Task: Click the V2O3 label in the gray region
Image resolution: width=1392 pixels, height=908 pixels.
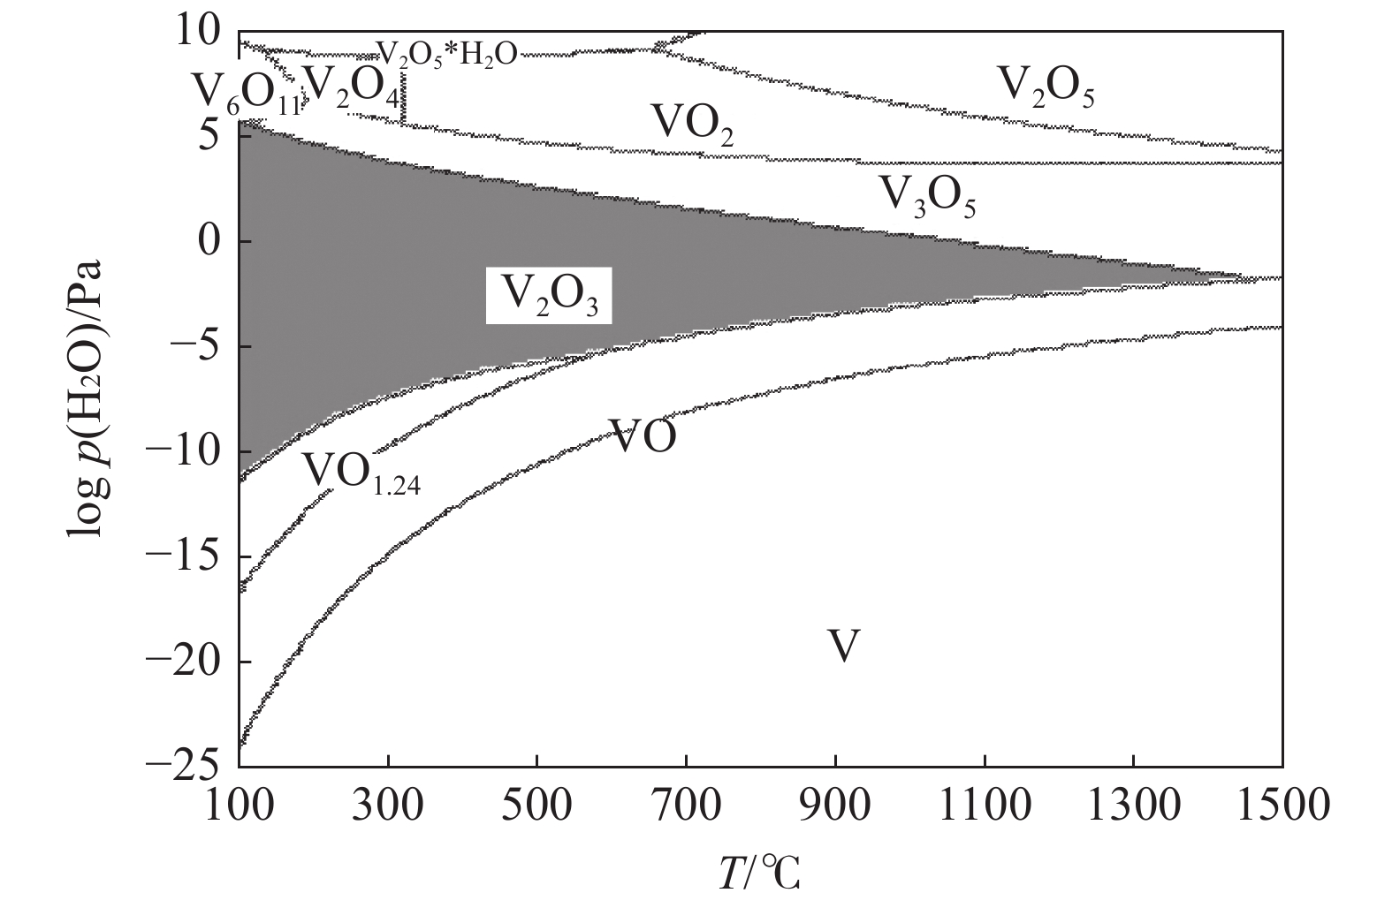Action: click(549, 295)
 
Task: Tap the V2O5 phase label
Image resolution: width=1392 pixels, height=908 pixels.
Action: click(1046, 87)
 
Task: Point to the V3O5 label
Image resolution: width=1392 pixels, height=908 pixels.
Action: click(926, 196)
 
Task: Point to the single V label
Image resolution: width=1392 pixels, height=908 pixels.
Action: click(843, 647)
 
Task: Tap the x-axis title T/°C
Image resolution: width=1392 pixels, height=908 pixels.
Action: click(758, 874)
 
